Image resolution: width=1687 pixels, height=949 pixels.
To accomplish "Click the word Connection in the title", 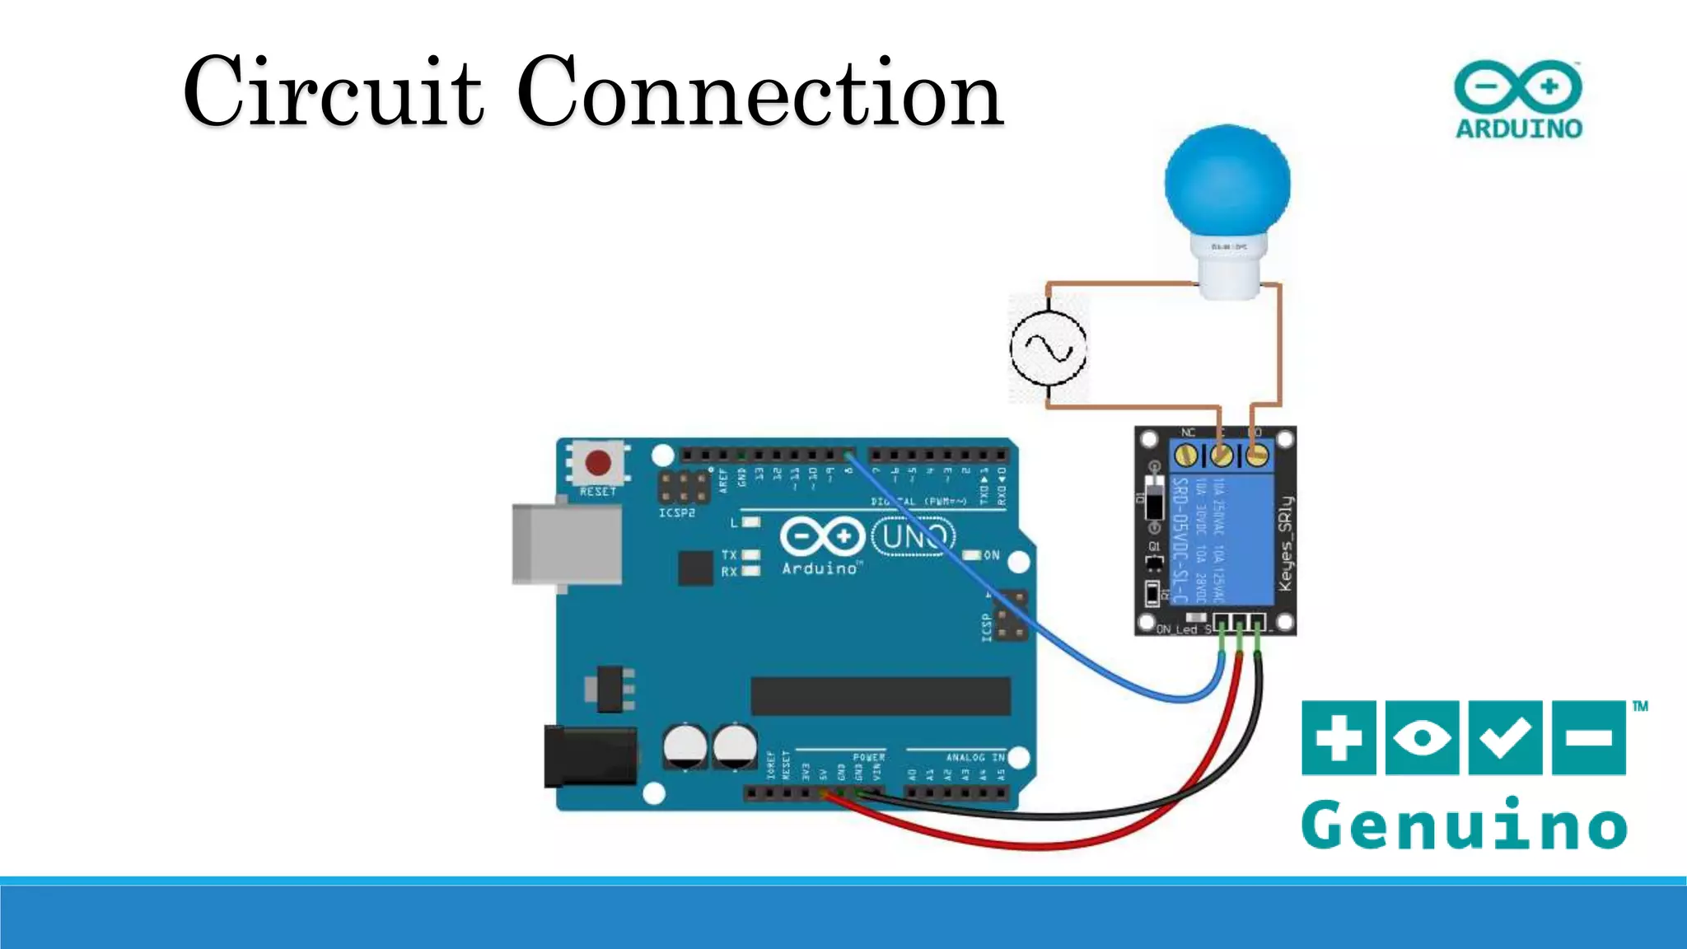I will (x=759, y=91).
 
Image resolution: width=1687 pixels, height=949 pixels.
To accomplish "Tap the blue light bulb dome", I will (x=1227, y=182).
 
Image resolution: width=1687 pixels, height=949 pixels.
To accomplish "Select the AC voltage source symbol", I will (x=1048, y=348).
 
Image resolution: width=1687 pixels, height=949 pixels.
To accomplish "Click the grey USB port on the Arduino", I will (x=567, y=545).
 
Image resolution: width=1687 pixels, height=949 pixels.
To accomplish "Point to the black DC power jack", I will (x=590, y=756).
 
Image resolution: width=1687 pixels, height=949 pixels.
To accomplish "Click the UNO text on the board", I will (x=913, y=537).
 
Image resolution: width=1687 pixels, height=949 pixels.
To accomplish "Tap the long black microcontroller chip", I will (x=880, y=696).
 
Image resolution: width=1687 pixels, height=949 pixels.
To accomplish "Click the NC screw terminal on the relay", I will (x=1186, y=454).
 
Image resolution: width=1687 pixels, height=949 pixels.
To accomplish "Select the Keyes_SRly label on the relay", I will (x=1285, y=544).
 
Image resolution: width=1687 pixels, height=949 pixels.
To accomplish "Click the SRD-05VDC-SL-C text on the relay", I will (x=1181, y=540).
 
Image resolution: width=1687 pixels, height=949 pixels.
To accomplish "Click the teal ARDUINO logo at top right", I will (x=1518, y=100).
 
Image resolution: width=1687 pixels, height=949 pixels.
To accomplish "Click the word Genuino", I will (x=1464, y=825).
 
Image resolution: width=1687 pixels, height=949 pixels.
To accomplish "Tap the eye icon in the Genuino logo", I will (x=1422, y=737).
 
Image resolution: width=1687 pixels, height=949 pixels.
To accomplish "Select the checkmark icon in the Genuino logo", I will (x=1505, y=737).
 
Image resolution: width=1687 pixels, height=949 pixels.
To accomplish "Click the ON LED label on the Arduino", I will (x=991, y=555).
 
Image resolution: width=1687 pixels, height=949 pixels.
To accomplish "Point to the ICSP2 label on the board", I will (x=676, y=513).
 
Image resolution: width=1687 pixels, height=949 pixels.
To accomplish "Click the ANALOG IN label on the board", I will (x=975, y=757).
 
